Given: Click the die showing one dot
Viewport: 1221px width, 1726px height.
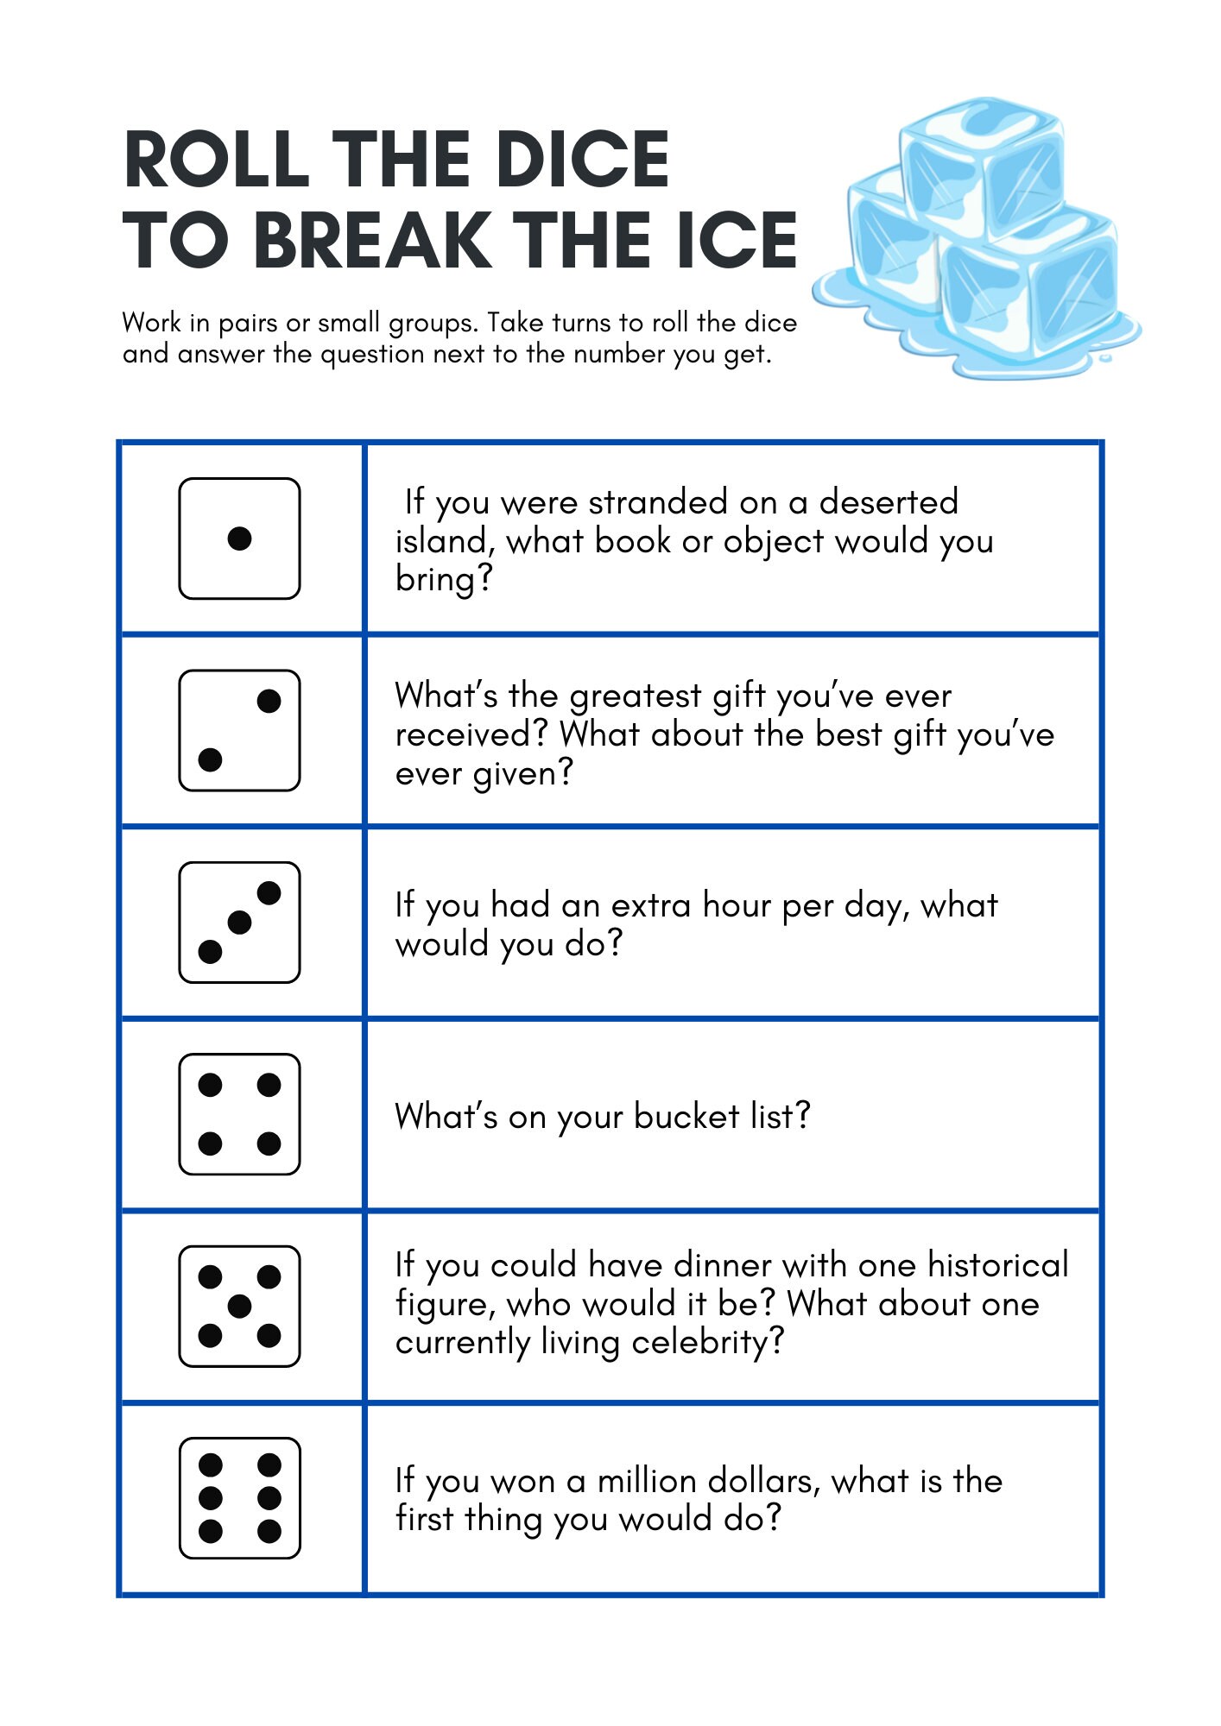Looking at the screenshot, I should click(x=239, y=539).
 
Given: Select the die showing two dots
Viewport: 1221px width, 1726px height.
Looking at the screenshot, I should click(x=239, y=730).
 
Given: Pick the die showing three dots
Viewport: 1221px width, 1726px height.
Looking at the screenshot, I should click(x=239, y=922).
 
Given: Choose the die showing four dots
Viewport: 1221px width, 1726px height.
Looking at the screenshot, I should click(x=239, y=1114).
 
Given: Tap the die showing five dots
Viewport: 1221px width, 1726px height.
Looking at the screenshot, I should click(x=239, y=1306).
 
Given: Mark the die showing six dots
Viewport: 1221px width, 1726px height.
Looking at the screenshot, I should click(x=239, y=1498).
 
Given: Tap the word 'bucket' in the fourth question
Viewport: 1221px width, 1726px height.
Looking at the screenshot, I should click(x=686, y=1116).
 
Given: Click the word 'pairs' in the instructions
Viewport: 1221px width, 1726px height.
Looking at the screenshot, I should click(x=247, y=324).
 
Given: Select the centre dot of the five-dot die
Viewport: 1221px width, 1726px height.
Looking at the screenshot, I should click(x=239, y=1307).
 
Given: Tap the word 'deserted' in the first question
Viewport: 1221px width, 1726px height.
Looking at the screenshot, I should click(x=889, y=502).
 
